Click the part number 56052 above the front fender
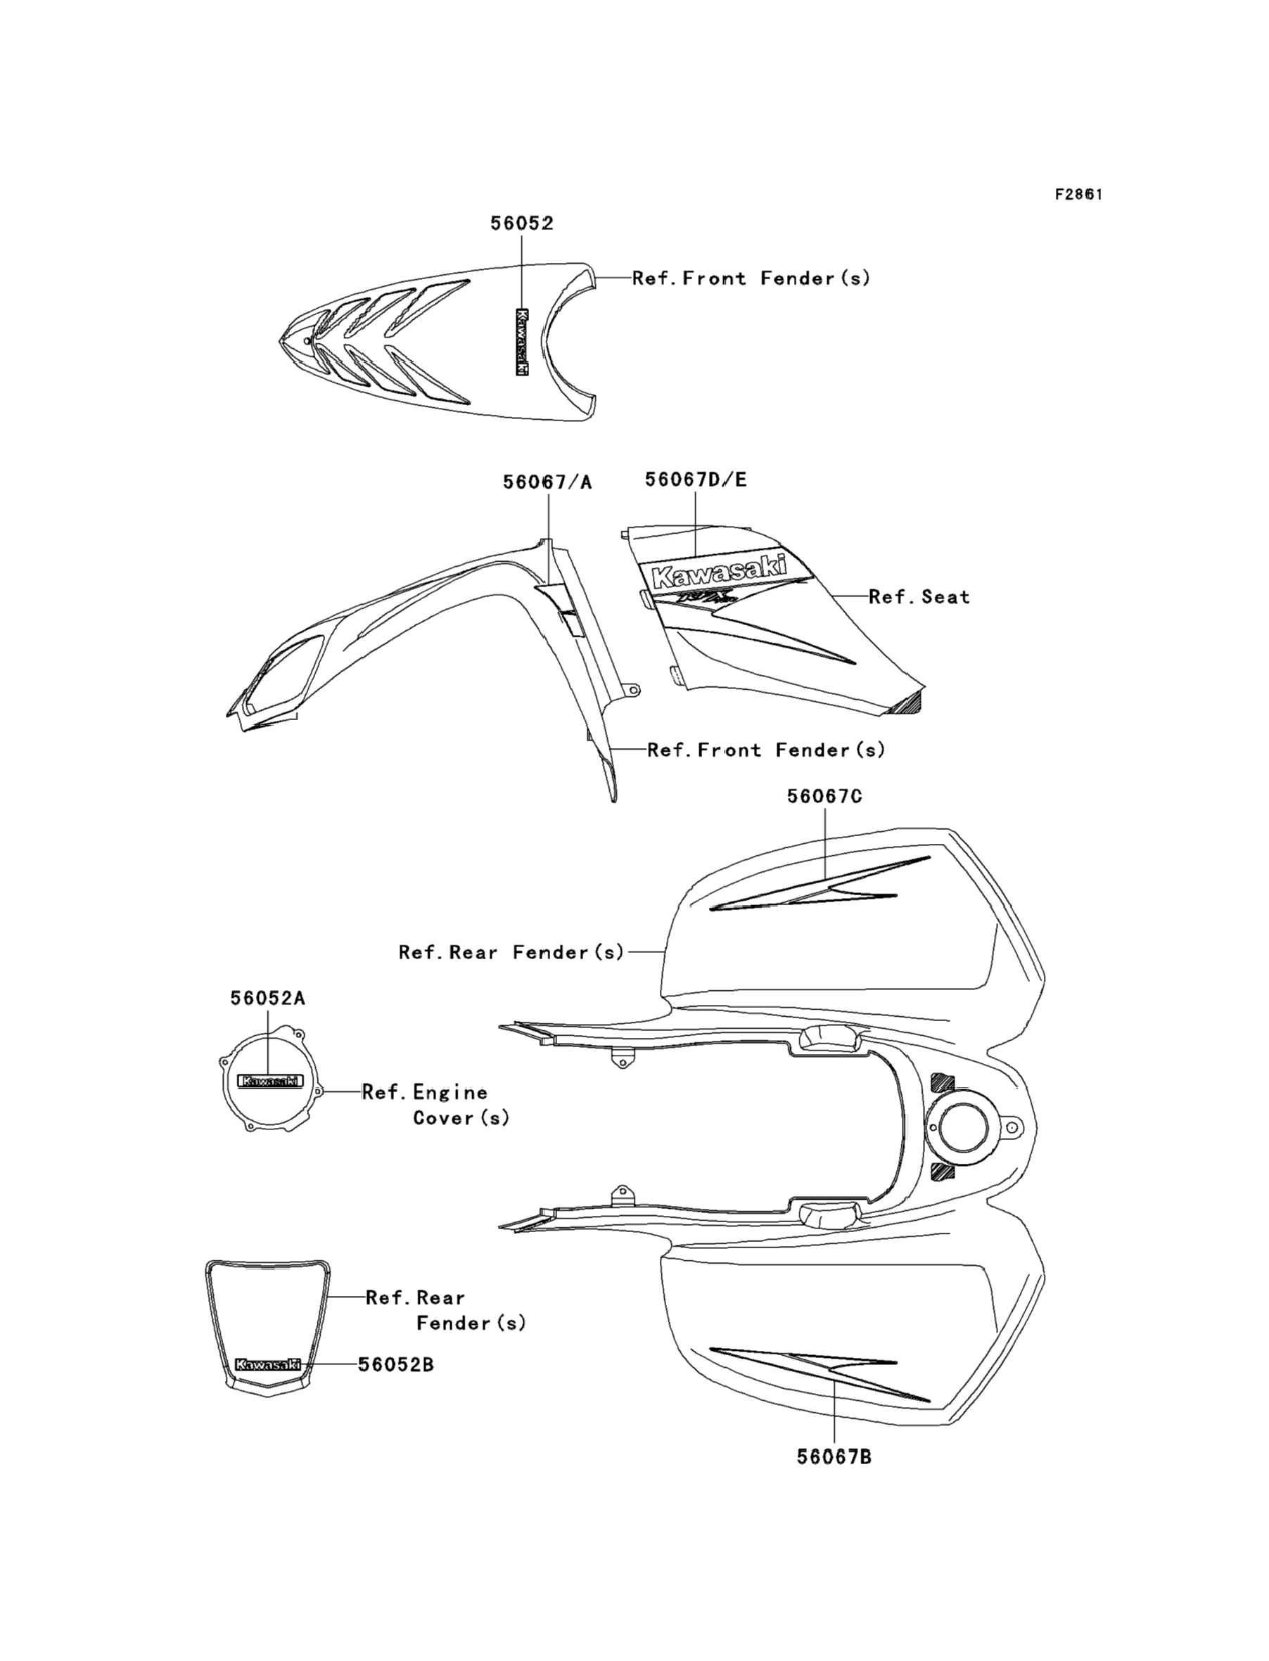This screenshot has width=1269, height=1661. point(521,224)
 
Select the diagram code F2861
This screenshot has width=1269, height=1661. point(1078,194)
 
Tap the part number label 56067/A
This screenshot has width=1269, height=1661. point(547,482)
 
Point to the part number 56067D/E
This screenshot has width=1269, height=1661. point(695,480)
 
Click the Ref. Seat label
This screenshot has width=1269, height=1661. point(919,597)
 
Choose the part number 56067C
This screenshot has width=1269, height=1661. point(824,797)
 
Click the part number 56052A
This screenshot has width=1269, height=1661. point(267,998)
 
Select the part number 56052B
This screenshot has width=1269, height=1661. point(396,1364)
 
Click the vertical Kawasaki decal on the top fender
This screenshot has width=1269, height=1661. point(521,342)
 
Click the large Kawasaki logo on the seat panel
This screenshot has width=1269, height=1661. point(718,571)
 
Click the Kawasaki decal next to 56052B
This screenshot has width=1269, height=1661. point(267,1364)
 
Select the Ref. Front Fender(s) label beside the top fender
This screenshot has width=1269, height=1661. point(751,278)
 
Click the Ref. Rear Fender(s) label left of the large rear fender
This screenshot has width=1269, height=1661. point(511,952)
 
